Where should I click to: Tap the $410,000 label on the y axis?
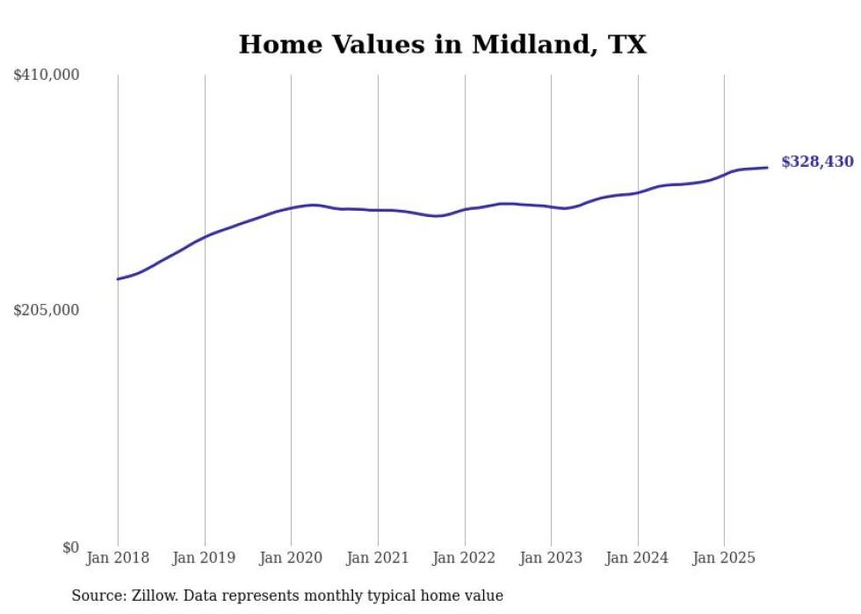click(x=47, y=76)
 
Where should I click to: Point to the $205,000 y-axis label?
click(x=47, y=310)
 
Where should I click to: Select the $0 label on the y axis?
click(x=70, y=547)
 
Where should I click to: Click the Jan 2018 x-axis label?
click(x=118, y=558)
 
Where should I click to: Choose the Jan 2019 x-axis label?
click(x=205, y=558)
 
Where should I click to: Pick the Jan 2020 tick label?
click(x=291, y=558)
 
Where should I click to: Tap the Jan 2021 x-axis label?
click(x=378, y=558)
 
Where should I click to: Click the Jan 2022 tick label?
click(x=465, y=558)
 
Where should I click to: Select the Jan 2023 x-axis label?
click(x=551, y=558)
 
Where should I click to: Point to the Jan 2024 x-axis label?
click(x=638, y=558)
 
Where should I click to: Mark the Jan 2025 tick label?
click(x=724, y=558)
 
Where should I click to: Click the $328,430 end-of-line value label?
click(x=817, y=162)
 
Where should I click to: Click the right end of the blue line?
click(x=767, y=168)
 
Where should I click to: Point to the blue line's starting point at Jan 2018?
click(x=118, y=279)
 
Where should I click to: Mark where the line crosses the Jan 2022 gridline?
click(x=465, y=209)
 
